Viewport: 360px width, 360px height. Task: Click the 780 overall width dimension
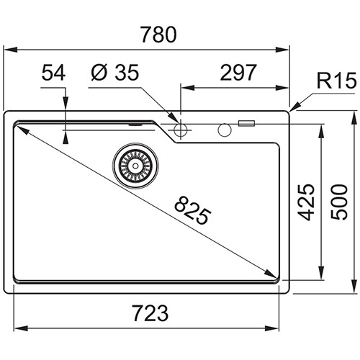click(158, 35)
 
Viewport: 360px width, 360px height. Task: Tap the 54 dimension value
click(53, 73)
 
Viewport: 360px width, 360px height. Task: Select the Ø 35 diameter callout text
click(115, 72)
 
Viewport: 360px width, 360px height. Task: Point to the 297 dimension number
click(238, 72)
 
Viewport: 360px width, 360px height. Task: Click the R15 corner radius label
click(337, 81)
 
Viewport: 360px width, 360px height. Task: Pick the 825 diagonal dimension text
click(193, 210)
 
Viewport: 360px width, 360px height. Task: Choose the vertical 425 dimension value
click(306, 202)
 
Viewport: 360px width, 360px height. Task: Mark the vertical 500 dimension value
click(338, 202)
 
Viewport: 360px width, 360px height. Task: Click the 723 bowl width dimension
click(150, 313)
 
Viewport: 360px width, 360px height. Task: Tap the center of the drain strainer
click(135, 166)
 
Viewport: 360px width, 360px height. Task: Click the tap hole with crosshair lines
click(181, 130)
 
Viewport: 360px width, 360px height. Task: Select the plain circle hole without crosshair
click(225, 130)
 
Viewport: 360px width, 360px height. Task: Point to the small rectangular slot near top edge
click(246, 123)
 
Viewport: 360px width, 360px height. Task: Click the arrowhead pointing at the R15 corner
click(295, 107)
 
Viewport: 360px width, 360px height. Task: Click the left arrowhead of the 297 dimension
click(188, 88)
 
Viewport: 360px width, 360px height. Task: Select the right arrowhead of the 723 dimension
click(272, 328)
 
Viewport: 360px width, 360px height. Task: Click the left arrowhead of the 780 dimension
click(11, 50)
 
